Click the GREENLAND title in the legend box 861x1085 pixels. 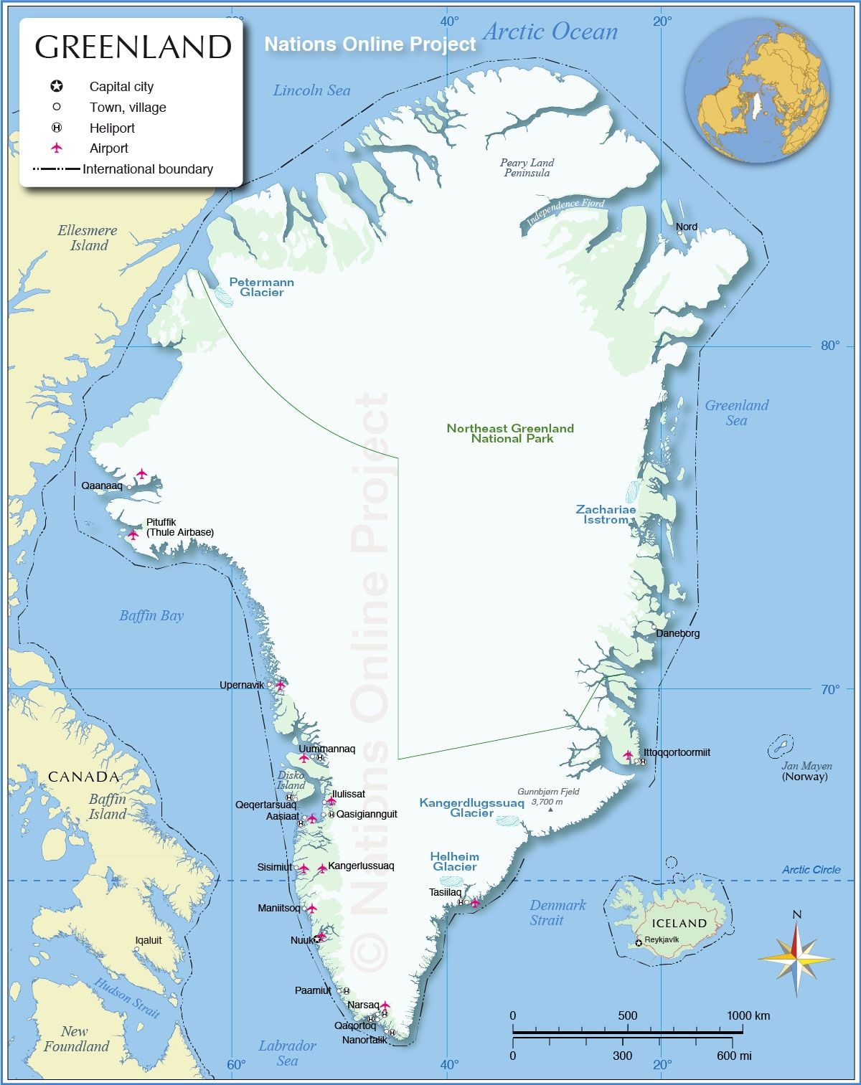133,47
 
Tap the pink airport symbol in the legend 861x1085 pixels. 57,148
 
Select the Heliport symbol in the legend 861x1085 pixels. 57,128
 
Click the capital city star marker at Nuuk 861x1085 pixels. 317,939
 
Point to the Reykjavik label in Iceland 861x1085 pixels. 661,939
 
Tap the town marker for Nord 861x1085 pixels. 679,233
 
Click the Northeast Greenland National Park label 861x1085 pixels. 510,433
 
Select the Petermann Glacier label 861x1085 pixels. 261,287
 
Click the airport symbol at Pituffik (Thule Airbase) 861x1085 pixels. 133,534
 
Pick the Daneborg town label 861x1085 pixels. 677,633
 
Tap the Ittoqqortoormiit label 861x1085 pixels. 677,752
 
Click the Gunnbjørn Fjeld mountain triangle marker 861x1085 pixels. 550,810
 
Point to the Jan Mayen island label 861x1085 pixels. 806,766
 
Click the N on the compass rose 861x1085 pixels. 796,914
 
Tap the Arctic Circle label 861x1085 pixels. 811,870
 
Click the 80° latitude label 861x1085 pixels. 829,346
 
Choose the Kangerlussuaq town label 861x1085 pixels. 361,866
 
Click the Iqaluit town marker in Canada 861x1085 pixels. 136,949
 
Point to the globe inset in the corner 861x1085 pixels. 757,90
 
